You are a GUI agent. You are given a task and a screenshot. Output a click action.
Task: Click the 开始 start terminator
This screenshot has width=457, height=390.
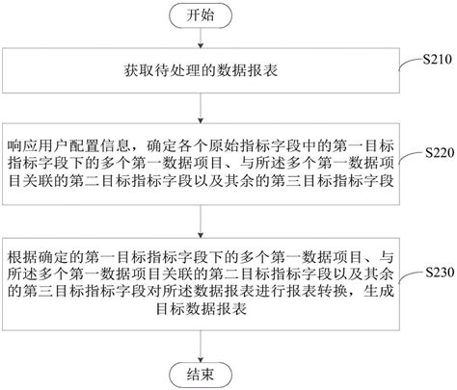coord(201,15)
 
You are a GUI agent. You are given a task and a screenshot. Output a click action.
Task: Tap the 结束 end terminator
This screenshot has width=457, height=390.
coord(201,376)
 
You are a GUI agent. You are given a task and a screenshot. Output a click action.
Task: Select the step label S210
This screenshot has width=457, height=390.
coord(437,59)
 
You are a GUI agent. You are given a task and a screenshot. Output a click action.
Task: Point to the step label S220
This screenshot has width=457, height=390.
coord(440,153)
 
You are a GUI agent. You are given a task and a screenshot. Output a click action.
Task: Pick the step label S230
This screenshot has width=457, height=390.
coord(440,273)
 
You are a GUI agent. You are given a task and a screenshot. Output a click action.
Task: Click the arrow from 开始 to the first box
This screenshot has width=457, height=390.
coord(201,39)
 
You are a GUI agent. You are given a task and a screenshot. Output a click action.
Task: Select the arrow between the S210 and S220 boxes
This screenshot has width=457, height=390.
coord(201,108)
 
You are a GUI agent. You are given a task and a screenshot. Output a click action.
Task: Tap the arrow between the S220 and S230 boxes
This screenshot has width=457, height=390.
coord(201,221)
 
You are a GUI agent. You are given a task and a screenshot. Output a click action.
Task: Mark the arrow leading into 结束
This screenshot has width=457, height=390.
coord(201,347)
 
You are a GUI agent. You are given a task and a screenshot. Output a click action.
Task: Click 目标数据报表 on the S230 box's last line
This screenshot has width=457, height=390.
coord(202,309)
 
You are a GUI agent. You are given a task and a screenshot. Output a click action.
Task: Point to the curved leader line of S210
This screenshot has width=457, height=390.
coord(411,63)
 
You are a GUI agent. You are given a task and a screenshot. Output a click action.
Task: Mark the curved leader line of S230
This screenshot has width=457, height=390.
coord(412,276)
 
